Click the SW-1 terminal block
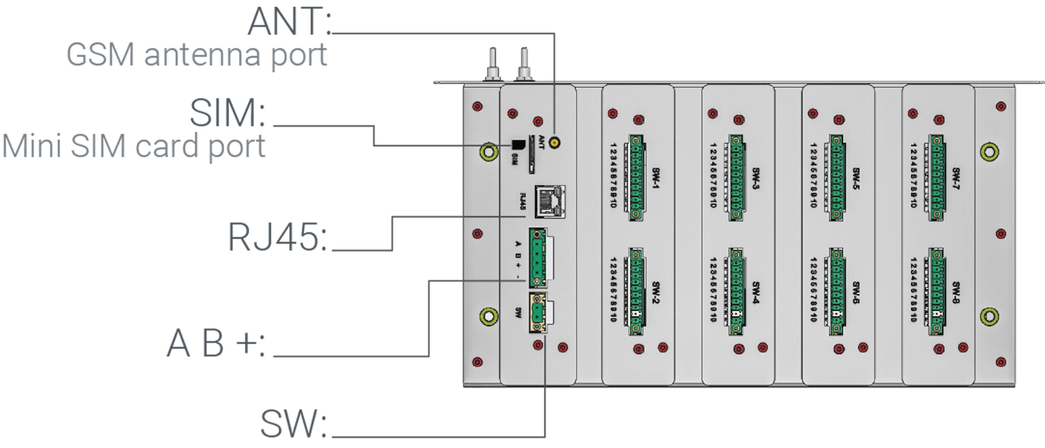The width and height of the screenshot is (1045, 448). coord(636,177)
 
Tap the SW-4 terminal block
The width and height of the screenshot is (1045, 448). coord(736,292)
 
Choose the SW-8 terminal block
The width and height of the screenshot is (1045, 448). coord(936,292)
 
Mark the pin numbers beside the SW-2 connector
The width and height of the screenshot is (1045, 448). coord(613,289)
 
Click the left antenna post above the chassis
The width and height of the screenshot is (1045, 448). coord(490,63)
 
